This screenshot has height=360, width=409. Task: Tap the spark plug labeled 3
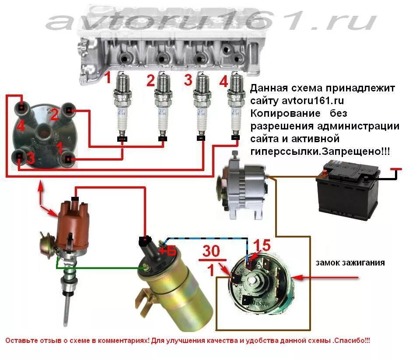point(201,105)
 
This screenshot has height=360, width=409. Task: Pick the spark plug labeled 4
point(236,105)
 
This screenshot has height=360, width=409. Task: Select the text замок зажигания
point(350,263)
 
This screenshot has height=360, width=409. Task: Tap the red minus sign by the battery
point(395,169)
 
